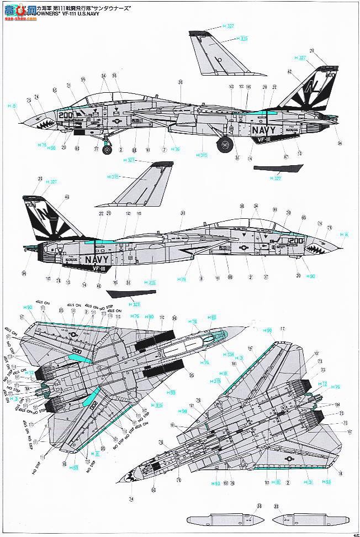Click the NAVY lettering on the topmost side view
[266, 130]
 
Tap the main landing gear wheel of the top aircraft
[224, 145]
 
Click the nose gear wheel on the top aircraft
[107, 148]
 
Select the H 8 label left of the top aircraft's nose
[12, 105]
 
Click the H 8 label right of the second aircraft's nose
[344, 234]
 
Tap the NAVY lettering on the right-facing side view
[97, 259]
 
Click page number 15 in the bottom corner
[356, 534]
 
